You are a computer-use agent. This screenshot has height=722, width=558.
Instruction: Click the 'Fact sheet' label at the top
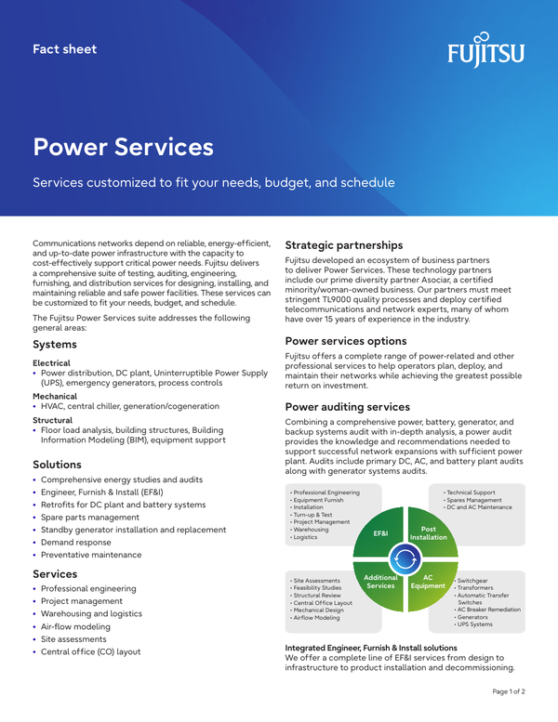pyautogui.click(x=64, y=49)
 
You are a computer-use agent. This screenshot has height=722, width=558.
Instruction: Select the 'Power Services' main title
pyautogui.click(x=123, y=146)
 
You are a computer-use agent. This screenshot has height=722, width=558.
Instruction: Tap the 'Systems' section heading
pyautogui.click(x=55, y=344)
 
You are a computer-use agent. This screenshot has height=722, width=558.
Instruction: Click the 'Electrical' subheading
pyautogui.click(x=51, y=362)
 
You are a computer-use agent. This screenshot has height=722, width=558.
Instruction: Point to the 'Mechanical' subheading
pyautogui.click(x=55, y=395)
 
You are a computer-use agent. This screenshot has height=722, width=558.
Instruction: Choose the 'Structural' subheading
pyautogui.click(x=52, y=420)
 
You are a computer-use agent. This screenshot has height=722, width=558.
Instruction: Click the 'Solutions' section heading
pyautogui.click(x=57, y=464)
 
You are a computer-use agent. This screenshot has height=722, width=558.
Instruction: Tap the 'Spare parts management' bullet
pyautogui.click(x=89, y=517)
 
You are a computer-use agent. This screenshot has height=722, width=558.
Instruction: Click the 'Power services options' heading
pyautogui.click(x=346, y=340)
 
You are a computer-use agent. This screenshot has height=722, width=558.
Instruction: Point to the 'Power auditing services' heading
pyautogui.click(x=347, y=406)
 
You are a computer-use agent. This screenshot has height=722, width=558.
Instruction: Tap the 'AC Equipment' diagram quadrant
pyautogui.click(x=428, y=582)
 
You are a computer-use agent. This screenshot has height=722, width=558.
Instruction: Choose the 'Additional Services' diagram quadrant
pyautogui.click(x=380, y=582)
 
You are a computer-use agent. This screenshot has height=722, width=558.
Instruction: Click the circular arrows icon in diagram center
pyautogui.click(x=405, y=558)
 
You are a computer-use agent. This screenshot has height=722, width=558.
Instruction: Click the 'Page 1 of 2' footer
pyautogui.click(x=508, y=692)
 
